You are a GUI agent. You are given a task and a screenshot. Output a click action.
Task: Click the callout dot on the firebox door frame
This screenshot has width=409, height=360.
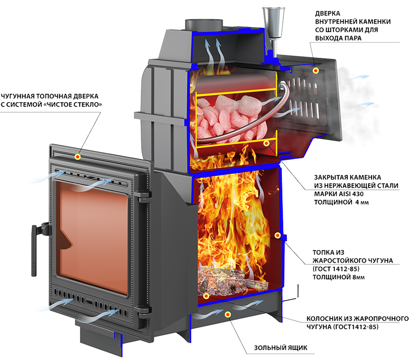[77, 157]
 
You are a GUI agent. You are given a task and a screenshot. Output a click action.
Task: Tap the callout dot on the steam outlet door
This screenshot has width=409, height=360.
[316, 70]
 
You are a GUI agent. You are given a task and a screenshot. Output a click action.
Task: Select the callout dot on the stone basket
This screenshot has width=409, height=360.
[266, 143]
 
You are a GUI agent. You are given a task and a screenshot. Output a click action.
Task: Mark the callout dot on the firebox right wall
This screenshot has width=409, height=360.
[277, 235]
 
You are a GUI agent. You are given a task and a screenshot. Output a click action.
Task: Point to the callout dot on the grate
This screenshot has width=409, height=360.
[206, 296]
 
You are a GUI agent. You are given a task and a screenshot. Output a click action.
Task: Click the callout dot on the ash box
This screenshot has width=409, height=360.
[228, 315]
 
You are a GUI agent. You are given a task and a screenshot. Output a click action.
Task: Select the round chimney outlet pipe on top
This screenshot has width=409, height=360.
[204, 25]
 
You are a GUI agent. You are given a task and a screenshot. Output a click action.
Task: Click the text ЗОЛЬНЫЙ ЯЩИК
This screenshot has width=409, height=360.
[281, 348]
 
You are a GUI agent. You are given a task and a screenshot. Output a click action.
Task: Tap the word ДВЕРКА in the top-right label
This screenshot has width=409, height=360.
[328, 13]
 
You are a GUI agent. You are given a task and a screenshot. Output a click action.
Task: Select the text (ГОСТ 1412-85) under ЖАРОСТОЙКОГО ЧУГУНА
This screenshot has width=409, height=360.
[336, 269]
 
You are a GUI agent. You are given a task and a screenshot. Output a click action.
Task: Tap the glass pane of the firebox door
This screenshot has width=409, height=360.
[92, 238]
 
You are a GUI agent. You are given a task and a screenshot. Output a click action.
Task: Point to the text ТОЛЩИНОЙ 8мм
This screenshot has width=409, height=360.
[339, 277]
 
